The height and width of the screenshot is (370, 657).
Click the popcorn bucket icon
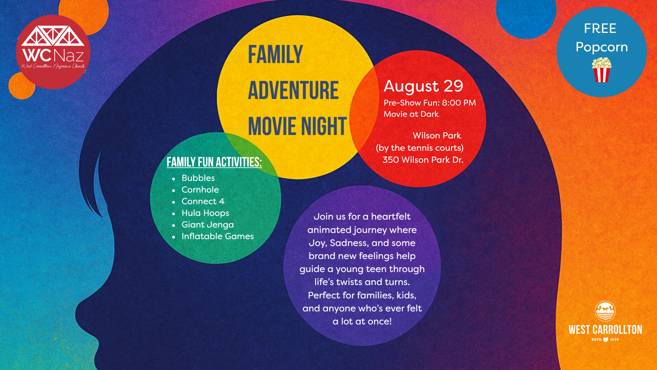(602, 70)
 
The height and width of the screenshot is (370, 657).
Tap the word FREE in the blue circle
(600, 28)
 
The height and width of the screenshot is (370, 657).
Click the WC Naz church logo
(53, 52)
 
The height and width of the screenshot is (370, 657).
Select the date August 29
(423, 86)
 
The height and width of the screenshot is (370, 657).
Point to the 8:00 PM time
(459, 103)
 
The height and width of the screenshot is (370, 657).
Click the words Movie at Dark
(411, 114)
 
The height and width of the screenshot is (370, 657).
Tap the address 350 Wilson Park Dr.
(423, 160)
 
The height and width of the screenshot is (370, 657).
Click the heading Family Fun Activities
(214, 162)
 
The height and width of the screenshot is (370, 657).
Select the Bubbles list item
(198, 178)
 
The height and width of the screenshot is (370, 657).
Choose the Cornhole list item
(200, 190)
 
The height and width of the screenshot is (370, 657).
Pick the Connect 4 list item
(203, 201)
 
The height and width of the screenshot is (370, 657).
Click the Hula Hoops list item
(205, 213)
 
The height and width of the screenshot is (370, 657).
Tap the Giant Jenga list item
(208, 225)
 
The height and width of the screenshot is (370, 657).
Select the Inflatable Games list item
(218, 236)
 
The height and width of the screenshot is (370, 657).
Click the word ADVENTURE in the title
(293, 90)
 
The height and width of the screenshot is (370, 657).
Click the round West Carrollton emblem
(605, 311)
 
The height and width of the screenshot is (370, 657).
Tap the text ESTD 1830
(605, 340)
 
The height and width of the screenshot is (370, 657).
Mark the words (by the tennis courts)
(420, 148)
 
